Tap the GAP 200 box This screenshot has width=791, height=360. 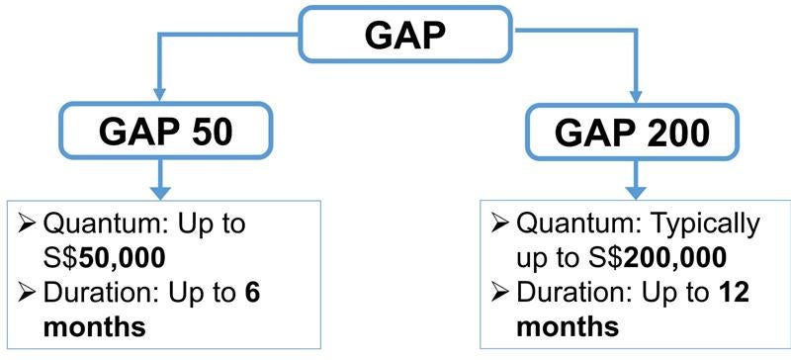point(634,134)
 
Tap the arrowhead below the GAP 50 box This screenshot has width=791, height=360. point(161,190)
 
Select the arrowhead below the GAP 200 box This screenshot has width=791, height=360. point(634,190)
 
